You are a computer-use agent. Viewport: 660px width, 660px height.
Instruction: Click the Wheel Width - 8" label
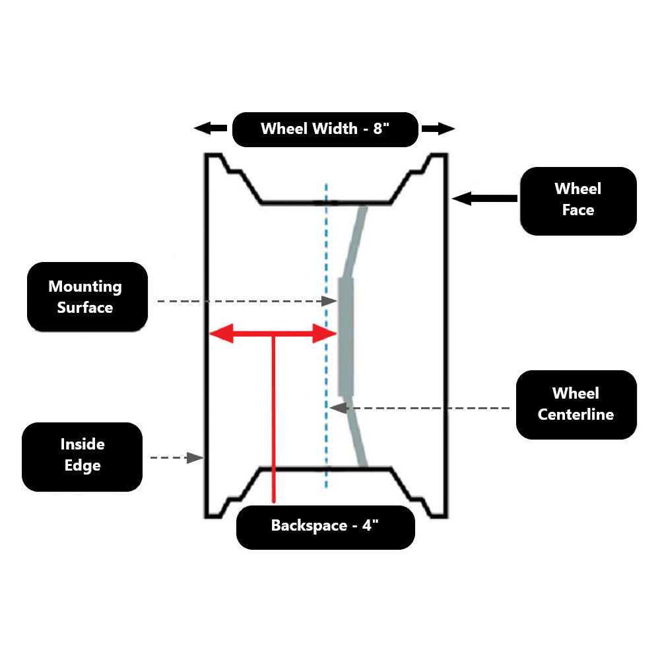click(x=325, y=129)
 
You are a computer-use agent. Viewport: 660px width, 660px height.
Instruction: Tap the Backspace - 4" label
click(x=325, y=526)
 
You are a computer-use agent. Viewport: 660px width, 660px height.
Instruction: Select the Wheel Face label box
click(x=578, y=200)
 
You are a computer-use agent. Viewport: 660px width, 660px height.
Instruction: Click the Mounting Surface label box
click(x=86, y=297)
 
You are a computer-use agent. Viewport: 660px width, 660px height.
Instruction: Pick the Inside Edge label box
click(x=82, y=455)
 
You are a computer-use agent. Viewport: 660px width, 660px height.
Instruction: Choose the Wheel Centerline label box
click(x=576, y=404)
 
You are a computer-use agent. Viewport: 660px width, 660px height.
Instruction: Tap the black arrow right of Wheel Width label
click(x=438, y=129)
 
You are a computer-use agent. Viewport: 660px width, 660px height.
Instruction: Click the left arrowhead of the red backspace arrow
click(x=221, y=334)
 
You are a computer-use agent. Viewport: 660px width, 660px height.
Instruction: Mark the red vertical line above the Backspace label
click(x=273, y=422)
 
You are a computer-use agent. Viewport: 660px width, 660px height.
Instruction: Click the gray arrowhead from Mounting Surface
click(x=330, y=301)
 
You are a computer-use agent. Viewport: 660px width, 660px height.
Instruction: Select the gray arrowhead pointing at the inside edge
click(x=195, y=457)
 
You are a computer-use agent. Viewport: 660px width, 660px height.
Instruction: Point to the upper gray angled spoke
click(x=354, y=241)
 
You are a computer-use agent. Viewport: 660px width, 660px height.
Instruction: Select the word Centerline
click(x=576, y=414)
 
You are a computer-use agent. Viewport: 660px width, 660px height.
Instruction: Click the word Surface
click(x=86, y=308)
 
